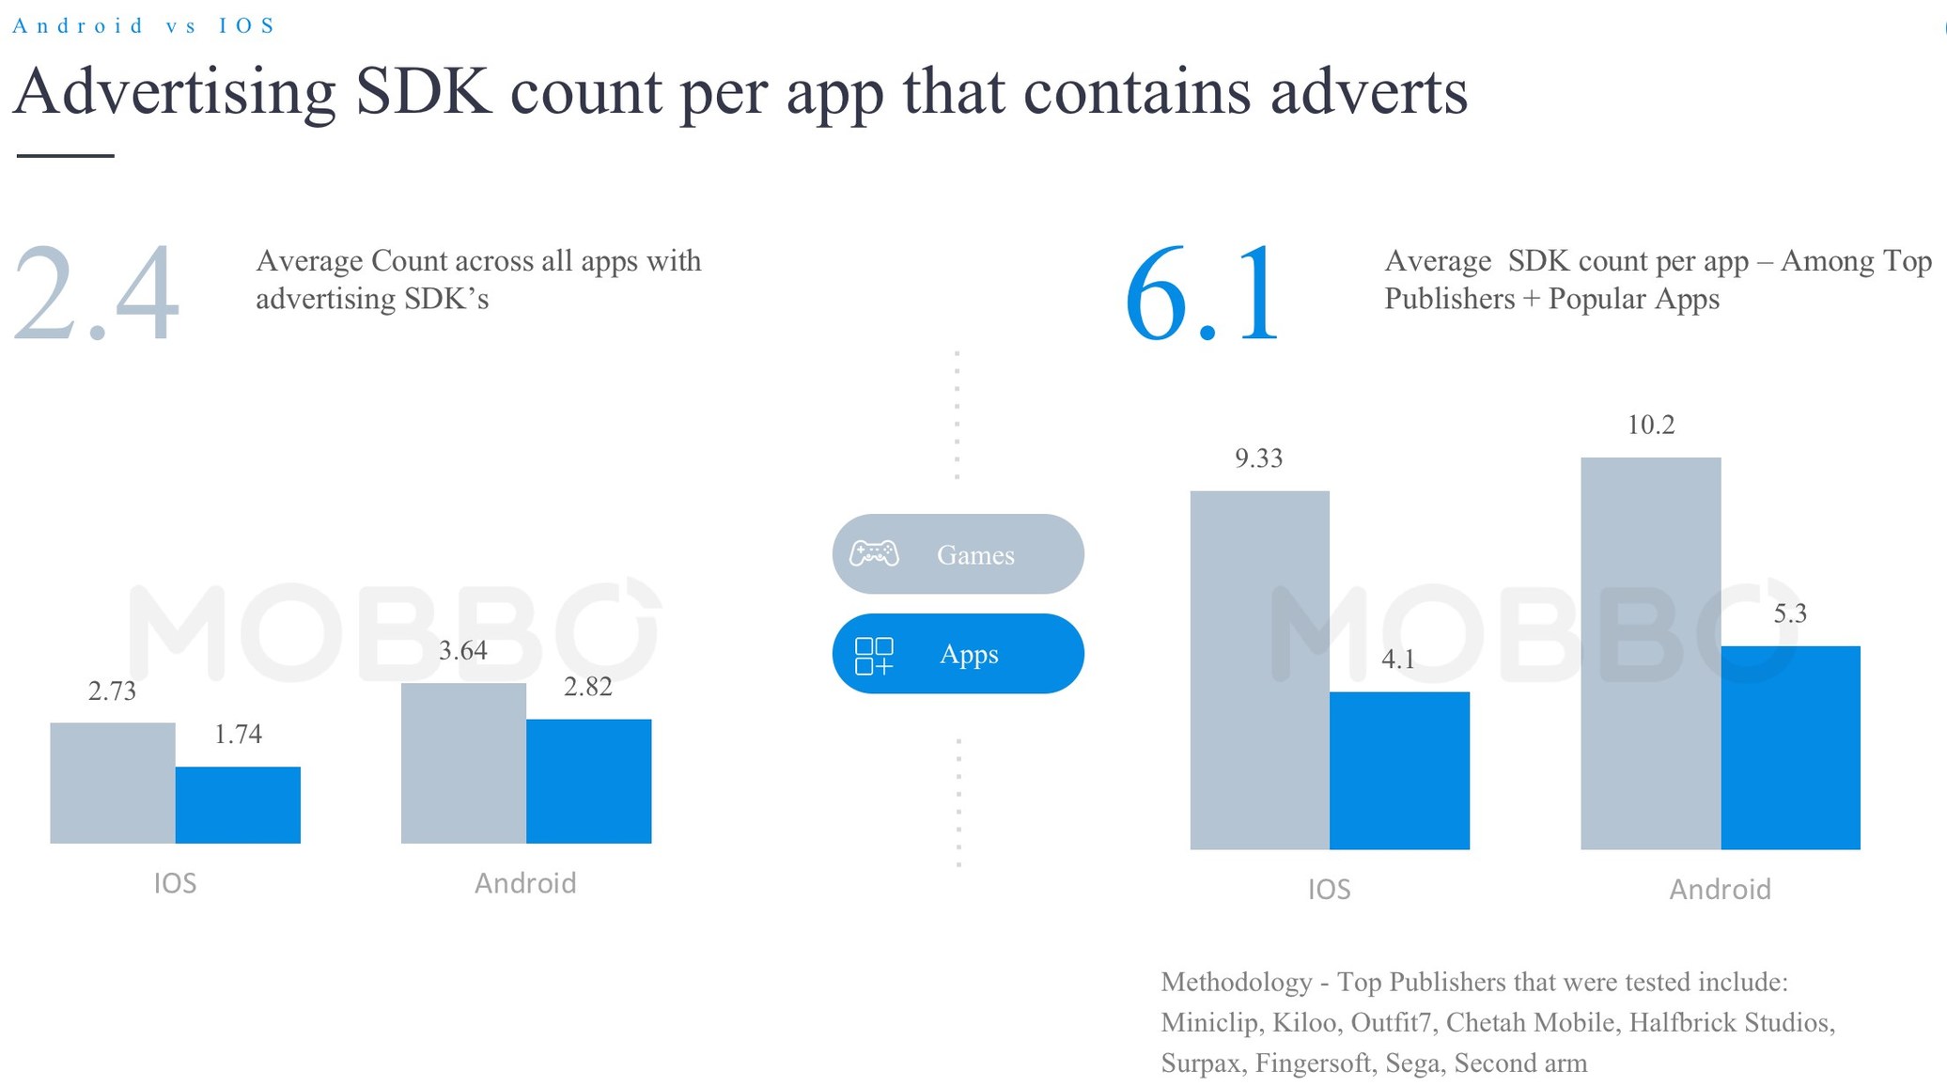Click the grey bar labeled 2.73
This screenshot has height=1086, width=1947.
[113, 783]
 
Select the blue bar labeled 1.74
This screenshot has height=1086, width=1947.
[238, 805]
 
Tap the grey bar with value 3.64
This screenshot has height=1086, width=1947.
[463, 763]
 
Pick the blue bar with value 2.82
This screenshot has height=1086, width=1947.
[588, 781]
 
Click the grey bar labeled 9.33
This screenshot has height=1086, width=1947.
[1259, 670]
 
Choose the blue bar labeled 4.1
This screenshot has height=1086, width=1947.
[1399, 770]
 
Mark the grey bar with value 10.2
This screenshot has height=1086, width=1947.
[1650, 653]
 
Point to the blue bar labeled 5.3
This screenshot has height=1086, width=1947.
[1790, 748]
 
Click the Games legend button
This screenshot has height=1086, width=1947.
[958, 554]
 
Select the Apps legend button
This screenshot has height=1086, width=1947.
[958, 654]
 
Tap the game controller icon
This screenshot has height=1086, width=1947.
[874, 554]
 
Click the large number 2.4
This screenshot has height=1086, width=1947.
[96, 293]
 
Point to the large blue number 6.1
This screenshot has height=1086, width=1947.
[1203, 293]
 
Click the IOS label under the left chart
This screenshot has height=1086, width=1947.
[176, 883]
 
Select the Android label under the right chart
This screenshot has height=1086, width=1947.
[1720, 889]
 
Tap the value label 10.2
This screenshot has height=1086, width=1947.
[1650, 425]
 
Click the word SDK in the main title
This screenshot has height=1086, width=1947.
[424, 92]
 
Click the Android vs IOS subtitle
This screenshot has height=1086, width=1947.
[144, 25]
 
